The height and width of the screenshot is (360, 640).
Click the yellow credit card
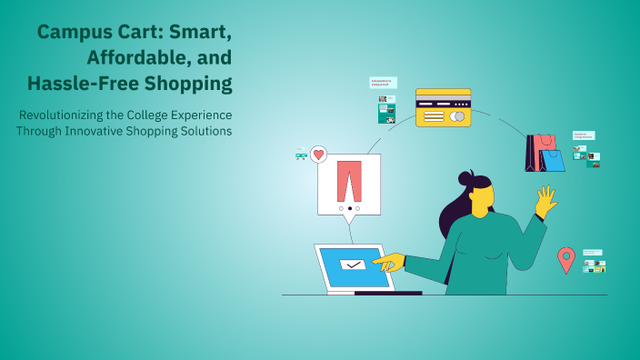443,107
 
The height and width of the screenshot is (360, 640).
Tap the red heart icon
318,155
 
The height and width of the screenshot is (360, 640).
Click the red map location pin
565,259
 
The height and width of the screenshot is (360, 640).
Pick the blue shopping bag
552,160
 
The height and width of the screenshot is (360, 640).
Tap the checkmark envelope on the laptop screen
351,265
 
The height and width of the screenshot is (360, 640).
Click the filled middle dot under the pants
349,208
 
